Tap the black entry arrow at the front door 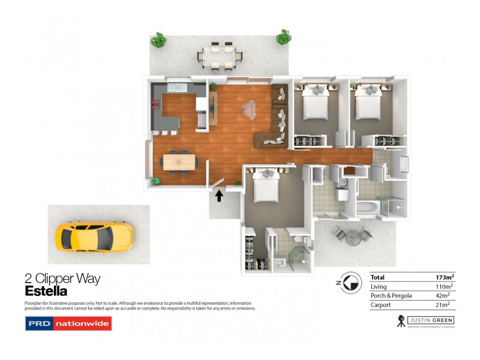[x=219, y=195]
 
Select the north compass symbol [x=344, y=283]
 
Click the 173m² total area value [x=445, y=277]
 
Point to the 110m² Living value [x=445, y=287]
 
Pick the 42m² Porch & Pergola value [x=446, y=296]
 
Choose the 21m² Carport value [x=447, y=305]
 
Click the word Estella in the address [x=46, y=291]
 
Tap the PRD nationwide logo [x=68, y=324]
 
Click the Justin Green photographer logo [x=425, y=321]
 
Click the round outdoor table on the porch [x=352, y=235]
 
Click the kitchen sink [x=176, y=89]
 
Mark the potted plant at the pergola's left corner [x=158, y=41]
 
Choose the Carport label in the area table [x=380, y=305]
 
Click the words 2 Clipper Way [x=62, y=278]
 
